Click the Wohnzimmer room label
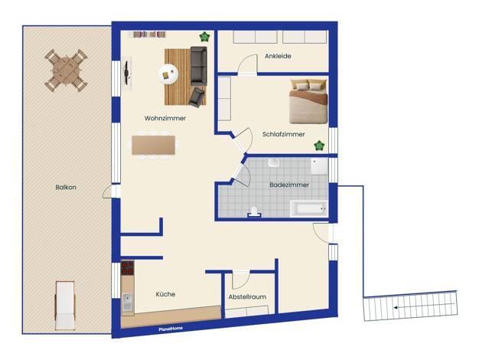165,118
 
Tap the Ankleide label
278,56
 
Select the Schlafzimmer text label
283,134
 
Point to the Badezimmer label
289,185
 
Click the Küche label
165,294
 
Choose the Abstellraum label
247,296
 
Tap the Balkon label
66,187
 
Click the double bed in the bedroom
308,102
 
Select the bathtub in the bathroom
309,209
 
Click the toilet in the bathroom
254,211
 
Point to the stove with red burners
127,268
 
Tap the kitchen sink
128,303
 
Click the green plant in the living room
204,37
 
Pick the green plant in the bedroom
319,146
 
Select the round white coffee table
168,74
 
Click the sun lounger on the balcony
65,306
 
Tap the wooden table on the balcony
66,70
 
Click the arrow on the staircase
424,306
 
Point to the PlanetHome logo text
171,329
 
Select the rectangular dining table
153,145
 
